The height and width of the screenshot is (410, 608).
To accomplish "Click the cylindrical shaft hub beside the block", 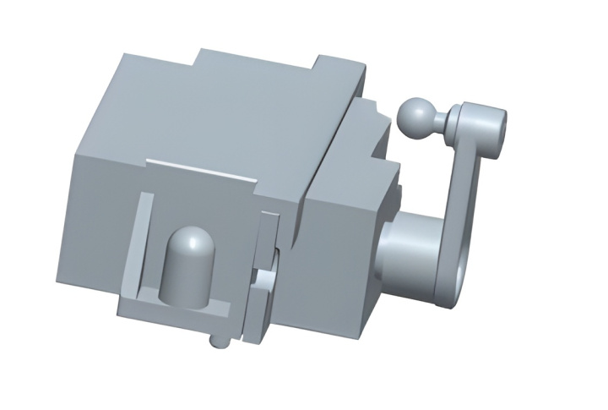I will [408, 249].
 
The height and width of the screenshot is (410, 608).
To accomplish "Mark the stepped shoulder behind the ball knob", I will [377, 127].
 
